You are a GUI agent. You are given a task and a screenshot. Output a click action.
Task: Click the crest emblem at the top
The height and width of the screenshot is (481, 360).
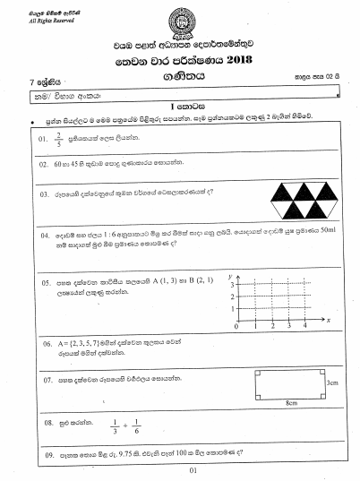[x=180, y=19]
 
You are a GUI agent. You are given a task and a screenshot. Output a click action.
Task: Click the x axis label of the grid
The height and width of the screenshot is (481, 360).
[x=330, y=319]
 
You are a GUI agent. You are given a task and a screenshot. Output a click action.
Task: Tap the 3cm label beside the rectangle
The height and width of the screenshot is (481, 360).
[x=332, y=382]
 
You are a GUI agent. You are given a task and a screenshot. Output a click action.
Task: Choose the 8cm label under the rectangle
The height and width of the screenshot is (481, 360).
[x=291, y=404]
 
